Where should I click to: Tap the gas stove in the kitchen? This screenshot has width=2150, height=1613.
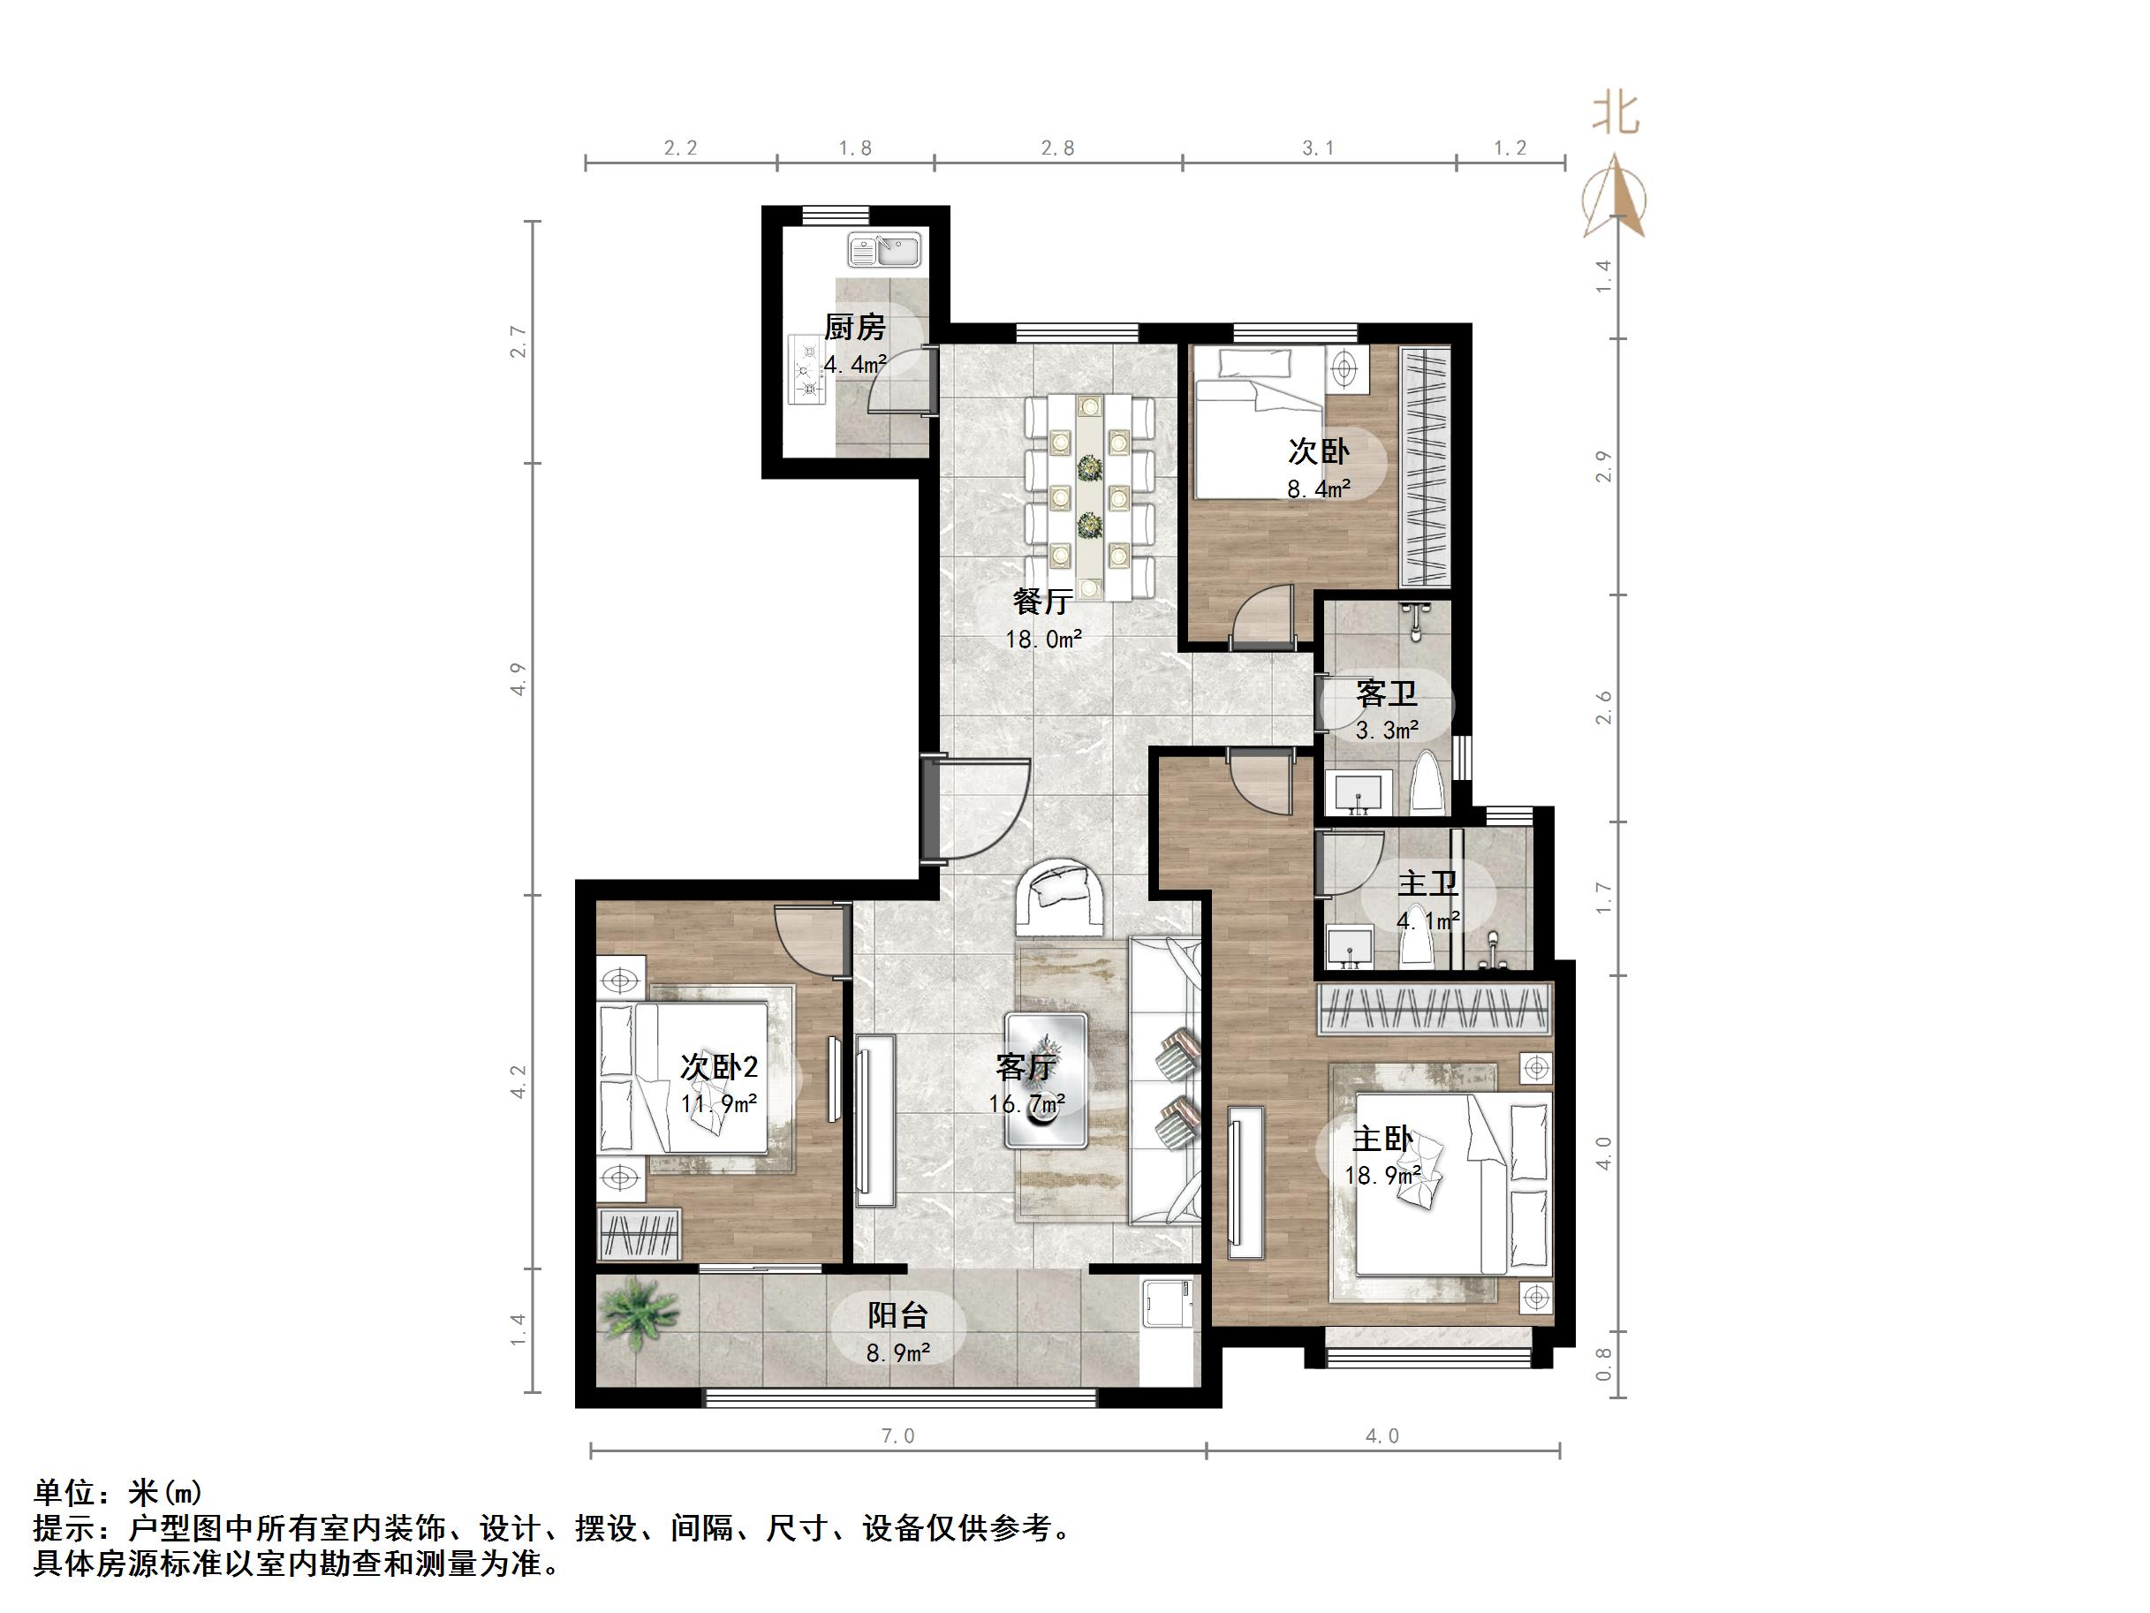pos(806,369)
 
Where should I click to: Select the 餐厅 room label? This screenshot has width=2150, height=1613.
pos(1042,602)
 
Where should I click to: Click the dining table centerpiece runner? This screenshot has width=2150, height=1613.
pos(1090,496)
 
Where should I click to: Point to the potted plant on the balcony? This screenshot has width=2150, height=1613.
pos(639,1311)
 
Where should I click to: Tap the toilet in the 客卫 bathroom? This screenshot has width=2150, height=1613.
pos(1427,784)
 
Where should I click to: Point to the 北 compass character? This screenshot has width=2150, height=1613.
pos(1615,115)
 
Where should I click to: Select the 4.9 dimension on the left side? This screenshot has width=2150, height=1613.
pos(519,678)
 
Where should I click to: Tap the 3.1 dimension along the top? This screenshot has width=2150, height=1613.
pos(1318,148)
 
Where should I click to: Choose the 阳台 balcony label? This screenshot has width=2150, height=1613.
pos(897,1315)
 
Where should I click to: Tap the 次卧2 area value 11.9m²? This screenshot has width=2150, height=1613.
pos(719,1104)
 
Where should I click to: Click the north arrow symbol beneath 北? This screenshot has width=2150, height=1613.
pos(1616,200)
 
